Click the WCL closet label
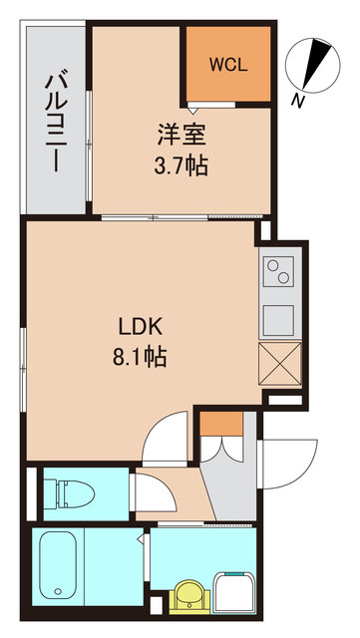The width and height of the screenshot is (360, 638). [228, 67]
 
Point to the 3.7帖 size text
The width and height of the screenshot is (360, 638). [181, 163]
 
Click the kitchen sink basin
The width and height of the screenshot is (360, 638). [279, 318]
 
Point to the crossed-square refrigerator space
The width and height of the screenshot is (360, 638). [279, 363]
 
